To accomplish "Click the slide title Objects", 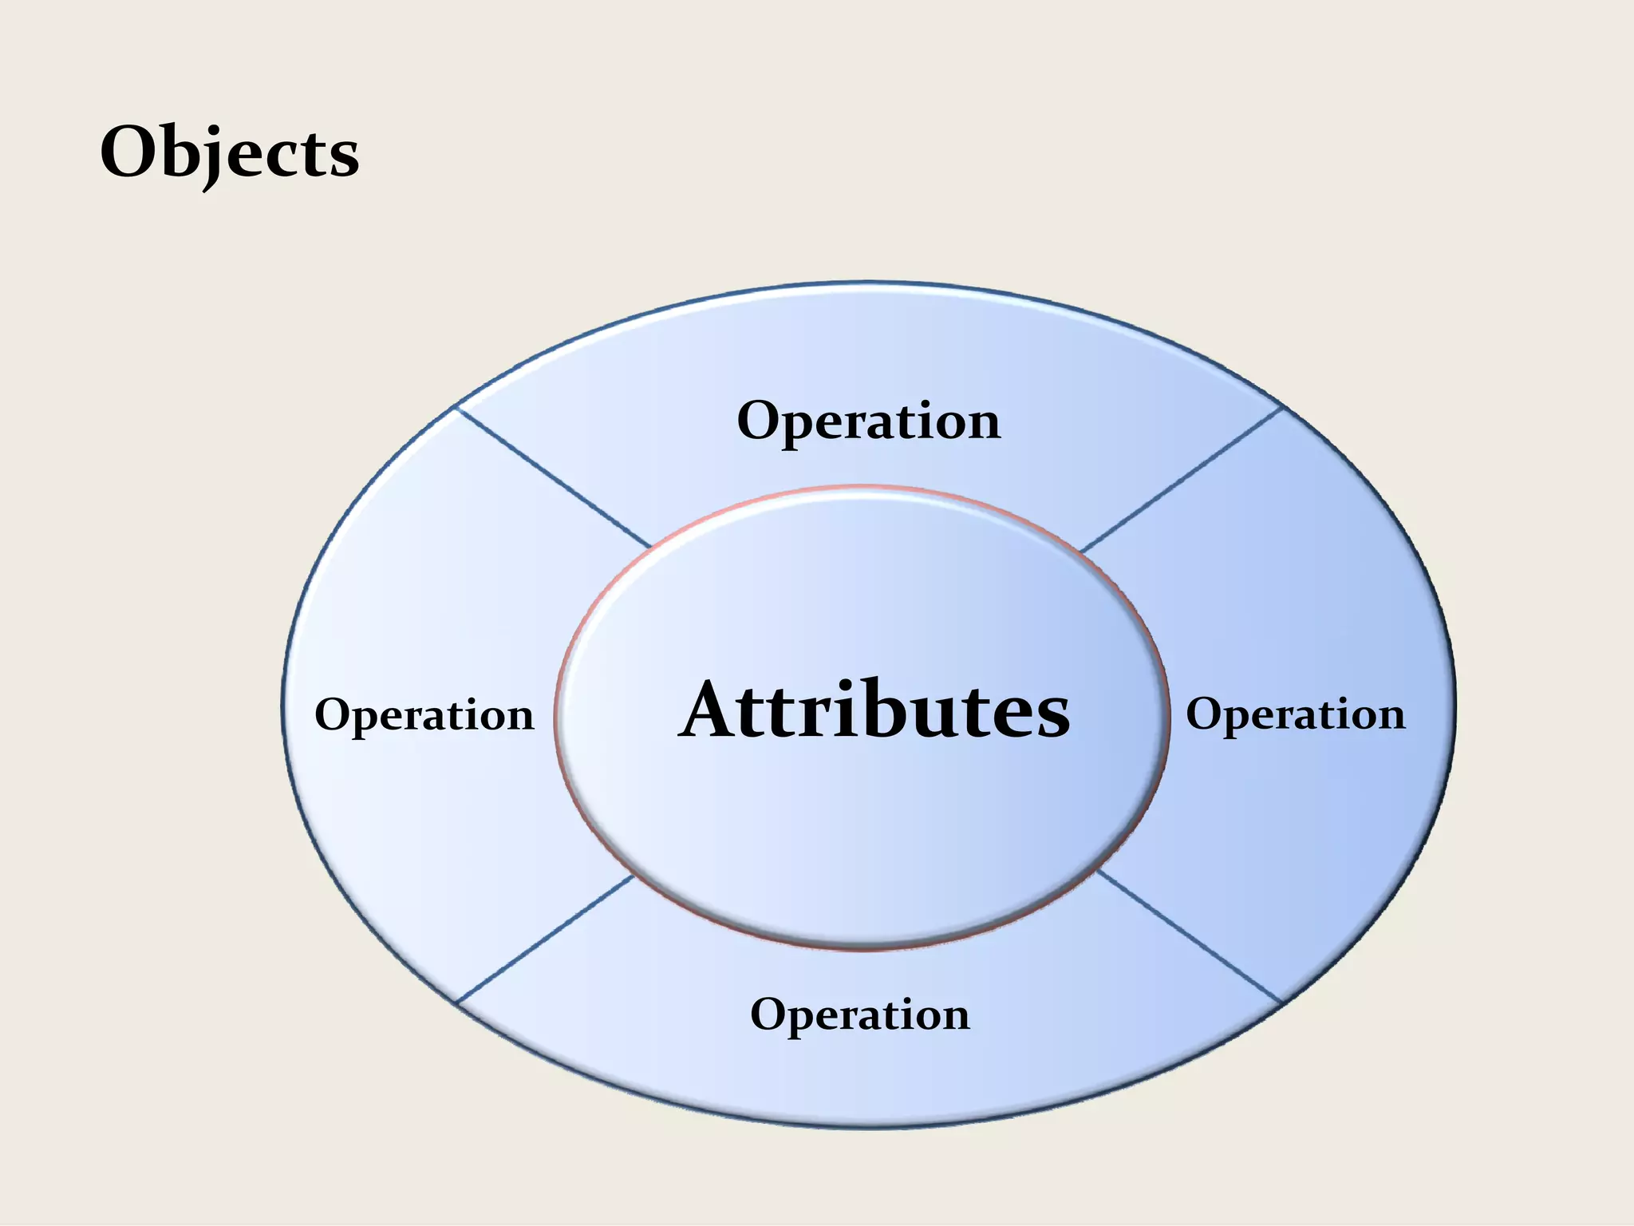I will point(230,154).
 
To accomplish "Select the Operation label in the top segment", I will point(868,421).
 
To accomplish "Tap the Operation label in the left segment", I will point(424,715).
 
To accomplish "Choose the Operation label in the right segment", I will point(1295,714).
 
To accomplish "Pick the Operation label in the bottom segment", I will point(859,1015).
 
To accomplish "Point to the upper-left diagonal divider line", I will point(553,477).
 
